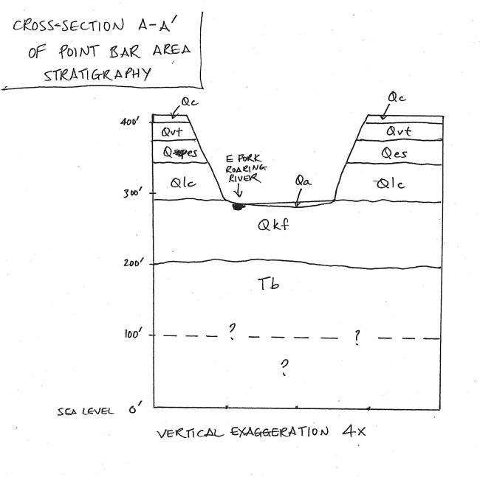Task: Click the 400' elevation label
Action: (131, 122)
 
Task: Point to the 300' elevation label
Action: (131, 194)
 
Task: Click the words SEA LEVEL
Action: (84, 411)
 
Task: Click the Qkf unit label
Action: (274, 226)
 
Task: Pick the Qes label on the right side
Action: (394, 153)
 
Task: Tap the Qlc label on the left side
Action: (182, 185)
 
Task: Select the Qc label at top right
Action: (397, 97)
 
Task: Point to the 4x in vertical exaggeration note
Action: (349, 431)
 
